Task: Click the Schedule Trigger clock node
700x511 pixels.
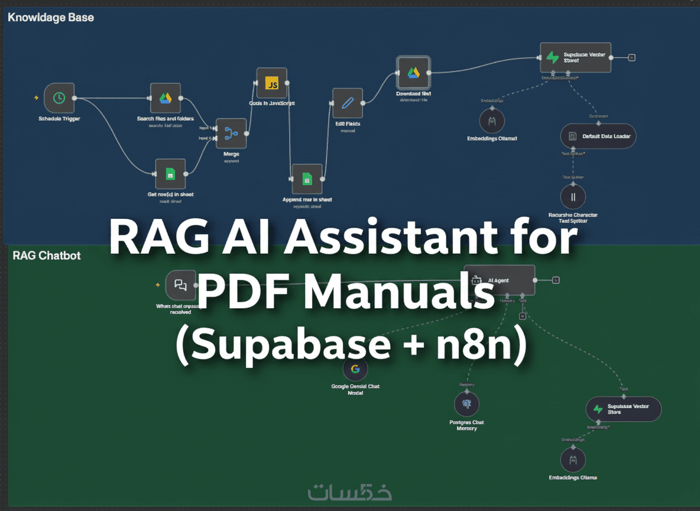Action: click(59, 98)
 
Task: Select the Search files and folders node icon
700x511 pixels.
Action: click(165, 98)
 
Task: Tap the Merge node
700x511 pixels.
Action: click(231, 134)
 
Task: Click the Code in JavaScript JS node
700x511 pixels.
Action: click(272, 83)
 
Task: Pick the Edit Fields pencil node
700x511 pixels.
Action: click(348, 104)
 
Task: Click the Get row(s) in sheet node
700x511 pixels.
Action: click(170, 174)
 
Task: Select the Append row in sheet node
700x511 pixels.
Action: click(307, 179)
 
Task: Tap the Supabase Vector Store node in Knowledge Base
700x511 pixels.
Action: click(575, 57)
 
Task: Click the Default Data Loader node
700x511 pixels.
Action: click(598, 136)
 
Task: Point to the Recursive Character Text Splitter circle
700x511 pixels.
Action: click(573, 197)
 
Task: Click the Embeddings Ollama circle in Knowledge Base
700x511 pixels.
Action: click(492, 121)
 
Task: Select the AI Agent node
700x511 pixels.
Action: click(500, 280)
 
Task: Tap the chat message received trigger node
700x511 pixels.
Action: click(180, 285)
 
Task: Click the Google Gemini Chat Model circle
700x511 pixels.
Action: click(355, 369)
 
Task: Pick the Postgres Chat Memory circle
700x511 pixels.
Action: click(466, 405)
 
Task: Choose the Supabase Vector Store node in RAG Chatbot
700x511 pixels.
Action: click(623, 409)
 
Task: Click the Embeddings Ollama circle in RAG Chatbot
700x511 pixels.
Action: click(572, 460)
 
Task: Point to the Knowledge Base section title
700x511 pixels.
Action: click(51, 17)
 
